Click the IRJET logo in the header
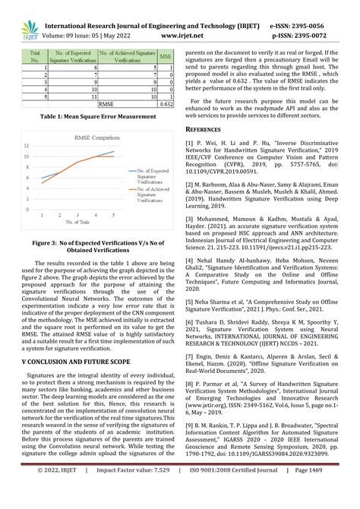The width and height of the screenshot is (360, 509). (28, 15)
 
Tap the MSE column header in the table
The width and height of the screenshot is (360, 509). (165, 55)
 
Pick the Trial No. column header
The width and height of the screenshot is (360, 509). (33, 55)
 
